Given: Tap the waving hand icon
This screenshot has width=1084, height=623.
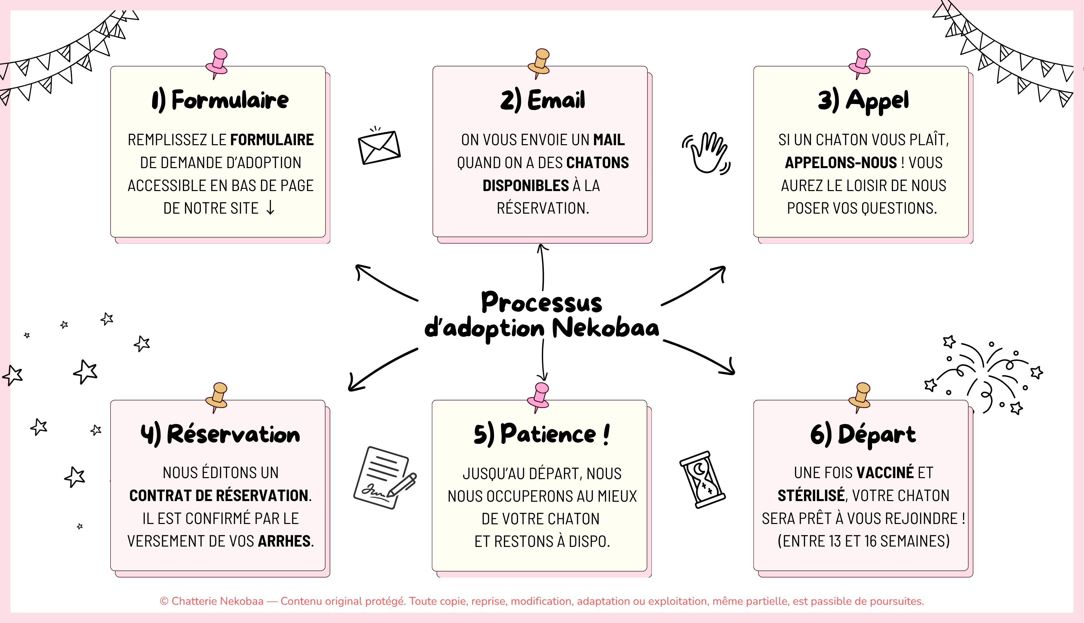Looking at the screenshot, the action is pyautogui.click(x=707, y=153).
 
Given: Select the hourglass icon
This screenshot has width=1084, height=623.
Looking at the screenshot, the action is pyautogui.click(x=702, y=479).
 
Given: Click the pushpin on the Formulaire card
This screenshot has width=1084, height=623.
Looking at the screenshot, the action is pyautogui.click(x=217, y=63).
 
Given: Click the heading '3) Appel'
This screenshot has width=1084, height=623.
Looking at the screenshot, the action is pyautogui.click(x=863, y=101).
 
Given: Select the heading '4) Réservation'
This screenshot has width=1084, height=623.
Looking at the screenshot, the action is pyautogui.click(x=220, y=434).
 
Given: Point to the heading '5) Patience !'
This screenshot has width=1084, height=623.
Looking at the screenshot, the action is pyautogui.click(x=542, y=434).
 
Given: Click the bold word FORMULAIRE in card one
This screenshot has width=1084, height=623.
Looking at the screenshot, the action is pyautogui.click(x=272, y=140).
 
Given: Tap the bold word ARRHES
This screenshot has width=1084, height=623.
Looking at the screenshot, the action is pyautogui.click(x=284, y=541).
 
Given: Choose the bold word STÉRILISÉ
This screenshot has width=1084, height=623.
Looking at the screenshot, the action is pyautogui.click(x=811, y=495).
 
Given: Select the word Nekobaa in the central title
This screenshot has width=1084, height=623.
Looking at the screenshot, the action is pyautogui.click(x=605, y=329).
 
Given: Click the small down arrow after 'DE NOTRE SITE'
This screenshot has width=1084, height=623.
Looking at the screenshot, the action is pyautogui.click(x=270, y=208).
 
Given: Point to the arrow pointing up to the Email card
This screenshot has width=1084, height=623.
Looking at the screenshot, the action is pyautogui.click(x=543, y=267).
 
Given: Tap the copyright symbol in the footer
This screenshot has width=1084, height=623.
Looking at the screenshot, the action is pyautogui.click(x=164, y=601).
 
